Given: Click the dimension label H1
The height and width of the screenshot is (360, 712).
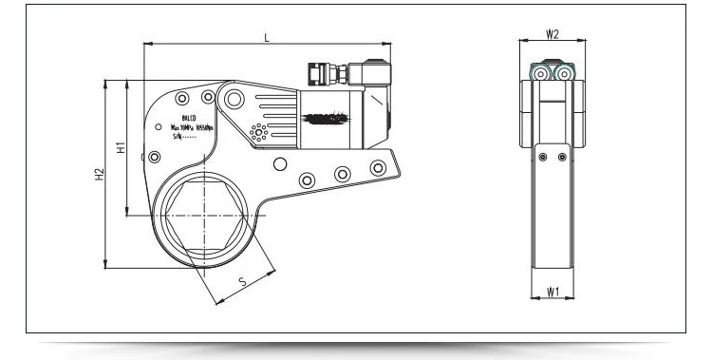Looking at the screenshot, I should tap(121, 148).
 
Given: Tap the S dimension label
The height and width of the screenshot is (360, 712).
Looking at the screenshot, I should tap(243, 281).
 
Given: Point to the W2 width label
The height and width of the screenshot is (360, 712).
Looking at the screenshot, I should tap(552, 34).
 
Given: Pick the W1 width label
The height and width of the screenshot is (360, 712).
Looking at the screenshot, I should tap(552, 293).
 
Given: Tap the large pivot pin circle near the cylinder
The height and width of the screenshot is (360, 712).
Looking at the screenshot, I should tap(228, 96).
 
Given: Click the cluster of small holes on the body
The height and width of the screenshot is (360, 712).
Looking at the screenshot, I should tap(255, 132).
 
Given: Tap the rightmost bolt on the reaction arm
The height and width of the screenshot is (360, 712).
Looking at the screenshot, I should tap(379, 168).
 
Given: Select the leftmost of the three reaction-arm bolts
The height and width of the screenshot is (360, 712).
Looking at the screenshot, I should tap(306, 180).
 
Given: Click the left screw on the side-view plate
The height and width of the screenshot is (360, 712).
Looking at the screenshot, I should tap(541, 158).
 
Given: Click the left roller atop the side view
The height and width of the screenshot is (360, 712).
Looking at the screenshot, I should tap(539, 72).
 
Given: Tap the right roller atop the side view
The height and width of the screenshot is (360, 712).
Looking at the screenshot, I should tap(565, 72).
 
